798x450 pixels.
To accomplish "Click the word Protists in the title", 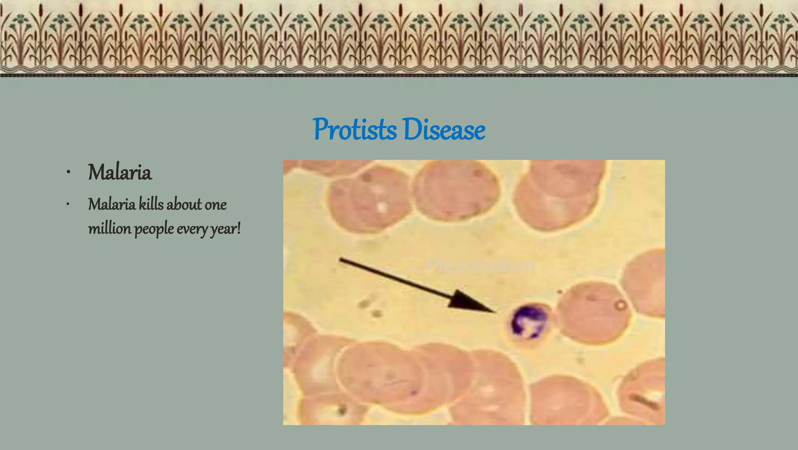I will pos(355,129).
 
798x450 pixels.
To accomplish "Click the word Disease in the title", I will pos(444,129).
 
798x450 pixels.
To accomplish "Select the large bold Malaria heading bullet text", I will pos(120,172).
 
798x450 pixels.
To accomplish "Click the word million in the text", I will pos(109,228).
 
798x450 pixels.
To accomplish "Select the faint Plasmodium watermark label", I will pos(480,266).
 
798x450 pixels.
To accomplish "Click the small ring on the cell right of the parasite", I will pos(621,305).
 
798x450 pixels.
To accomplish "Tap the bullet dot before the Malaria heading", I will pos(68,172).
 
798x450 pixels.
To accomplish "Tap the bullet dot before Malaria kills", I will pos(68,204).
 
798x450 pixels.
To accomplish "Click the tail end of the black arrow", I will pos(341,259).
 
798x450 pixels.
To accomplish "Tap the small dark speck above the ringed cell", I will pos(560,291).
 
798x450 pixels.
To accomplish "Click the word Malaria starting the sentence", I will pos(112,204).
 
